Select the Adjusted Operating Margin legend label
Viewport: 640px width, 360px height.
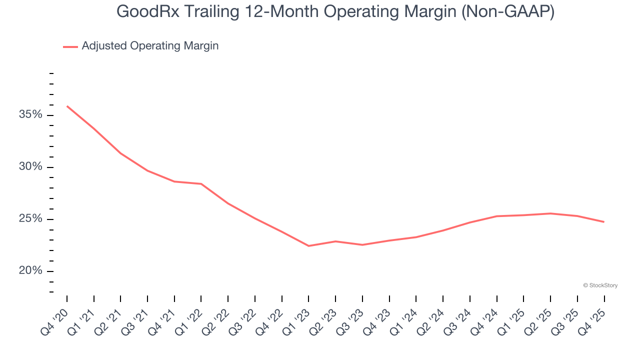[150, 46]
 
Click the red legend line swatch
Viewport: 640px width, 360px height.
[70, 46]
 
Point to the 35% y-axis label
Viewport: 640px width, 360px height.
[31, 115]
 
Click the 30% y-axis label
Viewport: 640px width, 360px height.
[31, 167]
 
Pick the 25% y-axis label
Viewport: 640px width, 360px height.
[31, 219]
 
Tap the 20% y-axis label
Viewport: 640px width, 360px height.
[31, 271]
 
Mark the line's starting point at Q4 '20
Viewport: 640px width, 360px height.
[67, 106]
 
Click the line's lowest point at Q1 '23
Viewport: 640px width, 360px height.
[308, 246]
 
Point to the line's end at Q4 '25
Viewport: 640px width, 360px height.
[604, 222]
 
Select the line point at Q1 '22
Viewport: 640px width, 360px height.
[201, 184]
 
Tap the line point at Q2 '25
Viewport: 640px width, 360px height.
[550, 213]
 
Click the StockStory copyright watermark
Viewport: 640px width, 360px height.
[600, 285]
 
